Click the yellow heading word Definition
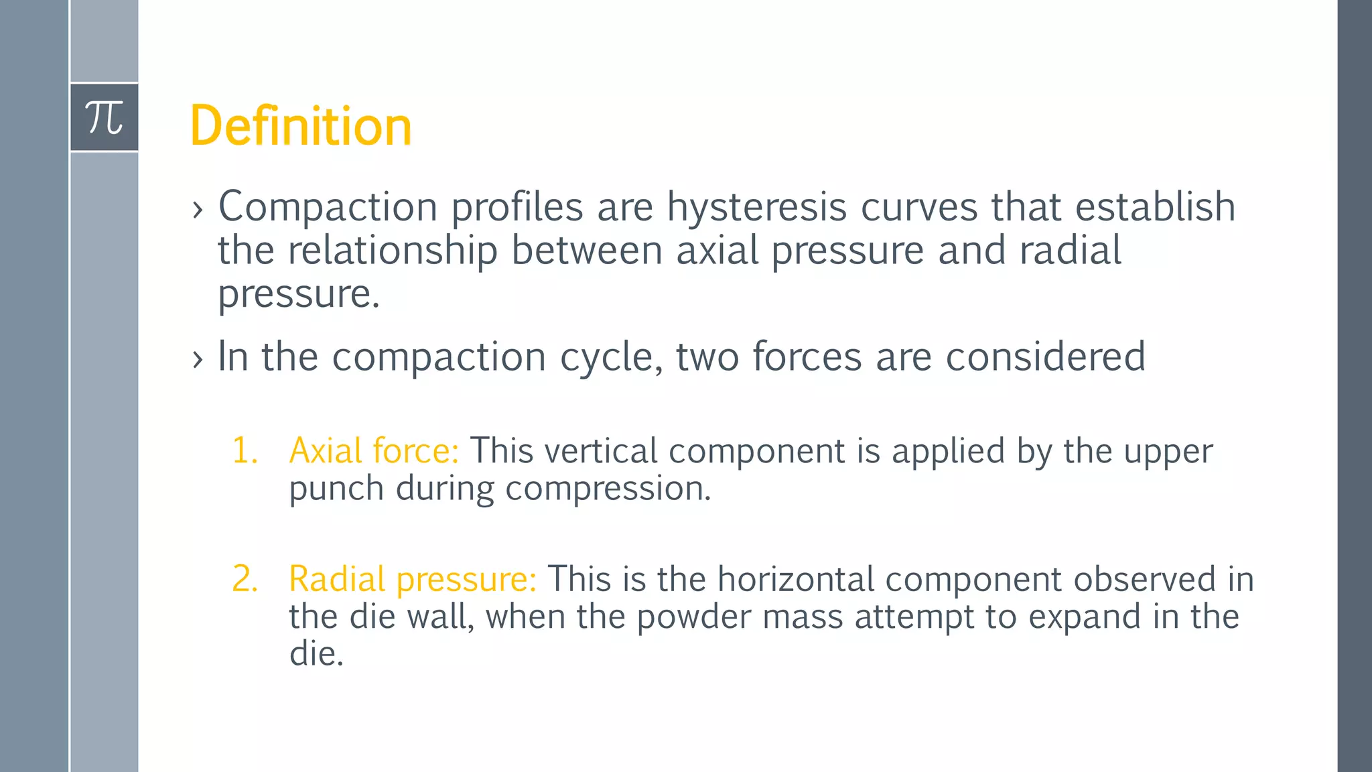tap(301, 126)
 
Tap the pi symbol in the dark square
tap(105, 118)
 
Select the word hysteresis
tap(756, 207)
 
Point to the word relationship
tap(393, 251)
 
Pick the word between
tap(586, 250)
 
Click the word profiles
tap(517, 207)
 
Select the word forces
tap(807, 356)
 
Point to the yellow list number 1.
tap(245, 450)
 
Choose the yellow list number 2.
tap(245, 579)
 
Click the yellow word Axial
tap(326, 450)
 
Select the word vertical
tap(601, 450)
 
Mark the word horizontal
tap(795, 579)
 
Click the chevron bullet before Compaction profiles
tap(197, 210)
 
